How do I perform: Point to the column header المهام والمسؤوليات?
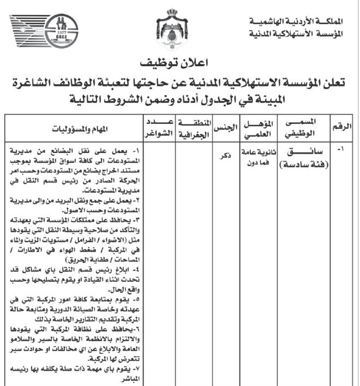(76, 129)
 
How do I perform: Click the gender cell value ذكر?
(223, 156)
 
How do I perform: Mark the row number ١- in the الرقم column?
(342, 149)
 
